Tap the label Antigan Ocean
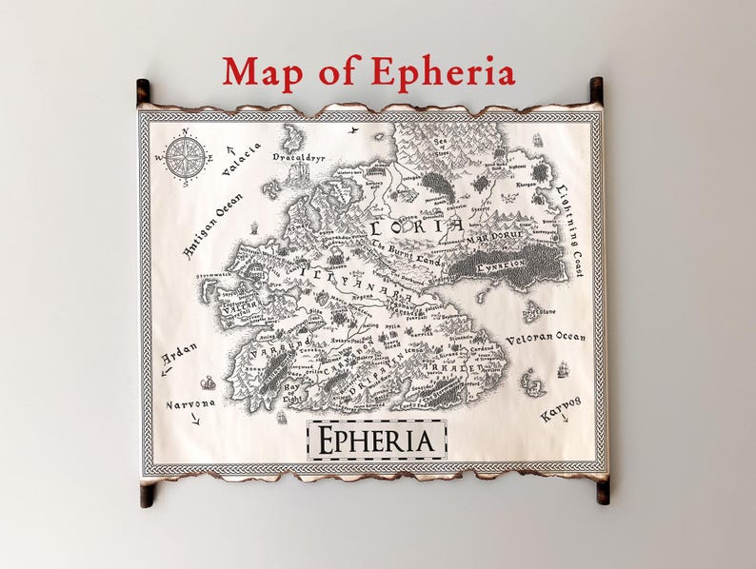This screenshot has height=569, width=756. coord(211,225)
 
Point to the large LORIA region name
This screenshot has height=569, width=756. coord(416,226)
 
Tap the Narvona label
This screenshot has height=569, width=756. coord(191,403)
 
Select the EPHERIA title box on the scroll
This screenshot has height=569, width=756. coord(377,440)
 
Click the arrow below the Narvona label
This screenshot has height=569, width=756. coord(196,420)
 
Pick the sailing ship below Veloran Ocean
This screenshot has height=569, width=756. coord(562,367)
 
